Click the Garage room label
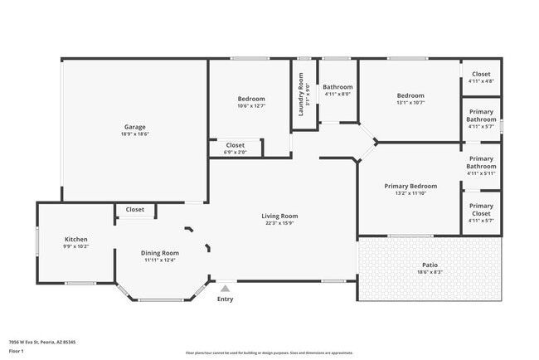[x=134, y=127]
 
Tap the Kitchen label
[x=75, y=240]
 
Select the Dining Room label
[x=160, y=253]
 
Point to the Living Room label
[x=281, y=216]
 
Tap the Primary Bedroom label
[x=410, y=186]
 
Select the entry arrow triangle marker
[x=224, y=288]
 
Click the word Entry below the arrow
[x=225, y=299]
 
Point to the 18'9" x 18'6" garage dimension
[x=134, y=134]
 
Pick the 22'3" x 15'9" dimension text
[x=281, y=223]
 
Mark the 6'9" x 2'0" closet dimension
[x=236, y=153]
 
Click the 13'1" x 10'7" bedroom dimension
[x=410, y=103]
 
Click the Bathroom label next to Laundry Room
[x=337, y=87]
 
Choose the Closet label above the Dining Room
[x=135, y=210]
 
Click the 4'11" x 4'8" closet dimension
[x=481, y=81]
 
